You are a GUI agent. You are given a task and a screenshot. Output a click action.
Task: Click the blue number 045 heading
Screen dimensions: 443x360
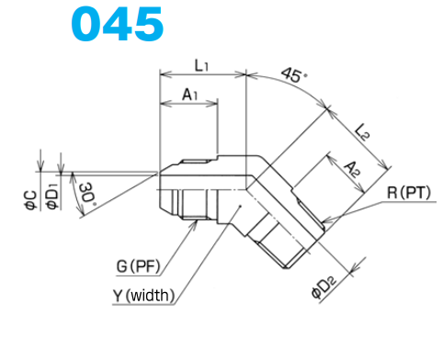coord(118,24)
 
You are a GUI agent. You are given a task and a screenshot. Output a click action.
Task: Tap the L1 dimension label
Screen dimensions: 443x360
coord(202,65)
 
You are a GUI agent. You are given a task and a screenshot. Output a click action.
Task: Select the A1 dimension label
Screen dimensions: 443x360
coord(190,95)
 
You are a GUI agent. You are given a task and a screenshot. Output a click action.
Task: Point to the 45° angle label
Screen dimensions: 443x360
coord(293,75)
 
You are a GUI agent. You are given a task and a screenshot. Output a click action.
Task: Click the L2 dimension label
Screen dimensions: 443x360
coord(362,132)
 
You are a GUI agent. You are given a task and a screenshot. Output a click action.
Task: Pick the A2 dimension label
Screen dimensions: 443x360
coord(351,169)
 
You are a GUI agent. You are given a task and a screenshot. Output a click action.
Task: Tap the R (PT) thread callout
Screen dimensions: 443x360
coord(409,193)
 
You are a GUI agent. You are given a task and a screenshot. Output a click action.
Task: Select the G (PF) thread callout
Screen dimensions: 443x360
coord(138,266)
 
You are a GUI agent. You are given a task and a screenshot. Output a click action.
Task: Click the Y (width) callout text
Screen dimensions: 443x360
coord(144,296)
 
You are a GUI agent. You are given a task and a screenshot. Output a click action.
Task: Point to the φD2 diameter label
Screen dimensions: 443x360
coord(324,287)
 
